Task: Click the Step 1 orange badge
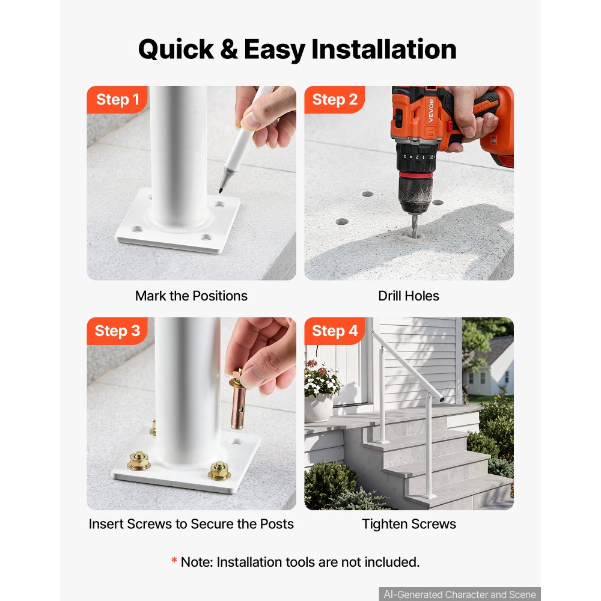[x=117, y=100]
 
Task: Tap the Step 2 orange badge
[x=335, y=100]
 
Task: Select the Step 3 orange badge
[x=117, y=331]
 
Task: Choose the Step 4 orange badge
[x=335, y=331]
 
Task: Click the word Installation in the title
[x=383, y=49]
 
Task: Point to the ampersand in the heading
[x=229, y=49]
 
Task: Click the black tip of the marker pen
[x=222, y=188]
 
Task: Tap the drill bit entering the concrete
[x=415, y=225]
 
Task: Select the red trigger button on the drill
[x=448, y=126]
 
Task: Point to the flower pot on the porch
[x=319, y=408]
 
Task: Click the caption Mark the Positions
[x=191, y=296]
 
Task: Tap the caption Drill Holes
[x=409, y=296]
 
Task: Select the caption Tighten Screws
[x=409, y=524]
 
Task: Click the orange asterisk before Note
[x=174, y=560]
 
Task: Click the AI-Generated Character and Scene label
[x=460, y=594]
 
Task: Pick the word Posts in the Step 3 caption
[x=276, y=524]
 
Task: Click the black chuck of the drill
[x=415, y=195]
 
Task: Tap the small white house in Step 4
[x=488, y=370]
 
